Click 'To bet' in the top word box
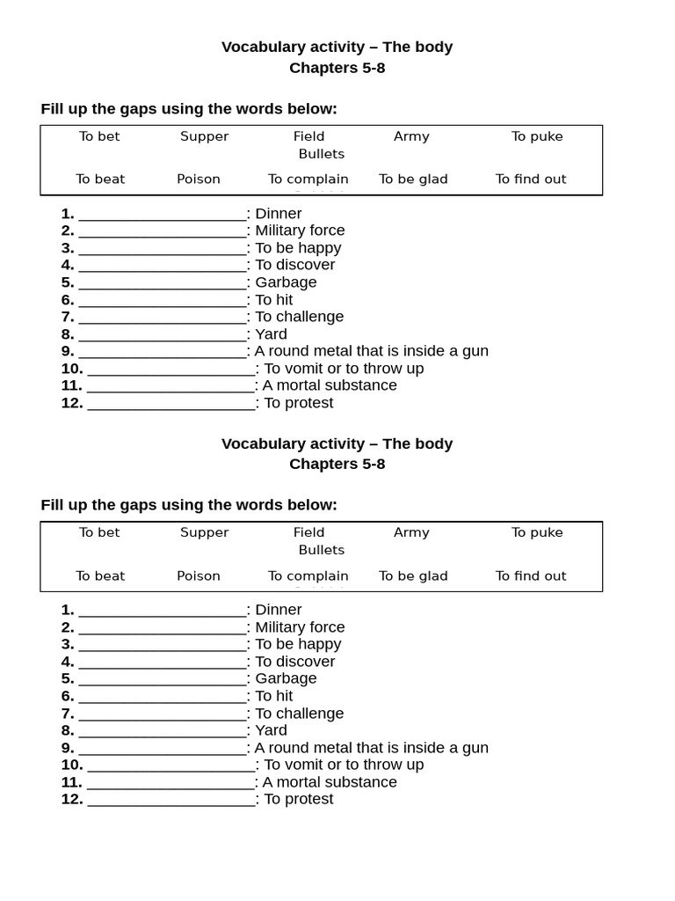click(x=99, y=136)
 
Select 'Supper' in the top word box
click(x=204, y=136)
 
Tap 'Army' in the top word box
click(x=411, y=136)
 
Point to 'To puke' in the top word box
click(x=537, y=136)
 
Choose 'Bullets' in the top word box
click(x=321, y=154)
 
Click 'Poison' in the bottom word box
click(x=199, y=575)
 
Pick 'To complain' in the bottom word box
click(x=308, y=575)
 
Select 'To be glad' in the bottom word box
click(x=413, y=575)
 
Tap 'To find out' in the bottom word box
click(x=531, y=575)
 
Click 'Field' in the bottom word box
click(x=308, y=532)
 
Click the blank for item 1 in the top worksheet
click(x=163, y=214)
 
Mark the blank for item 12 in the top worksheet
click(x=171, y=404)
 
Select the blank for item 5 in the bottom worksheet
click(x=163, y=679)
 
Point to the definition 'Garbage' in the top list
click(x=286, y=282)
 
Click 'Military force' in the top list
click(x=300, y=231)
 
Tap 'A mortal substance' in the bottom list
click(x=330, y=782)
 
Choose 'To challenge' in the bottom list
click(x=299, y=714)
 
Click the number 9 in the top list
click(x=68, y=352)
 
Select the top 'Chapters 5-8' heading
click(x=337, y=69)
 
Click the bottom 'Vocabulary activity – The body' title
click(x=337, y=443)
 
